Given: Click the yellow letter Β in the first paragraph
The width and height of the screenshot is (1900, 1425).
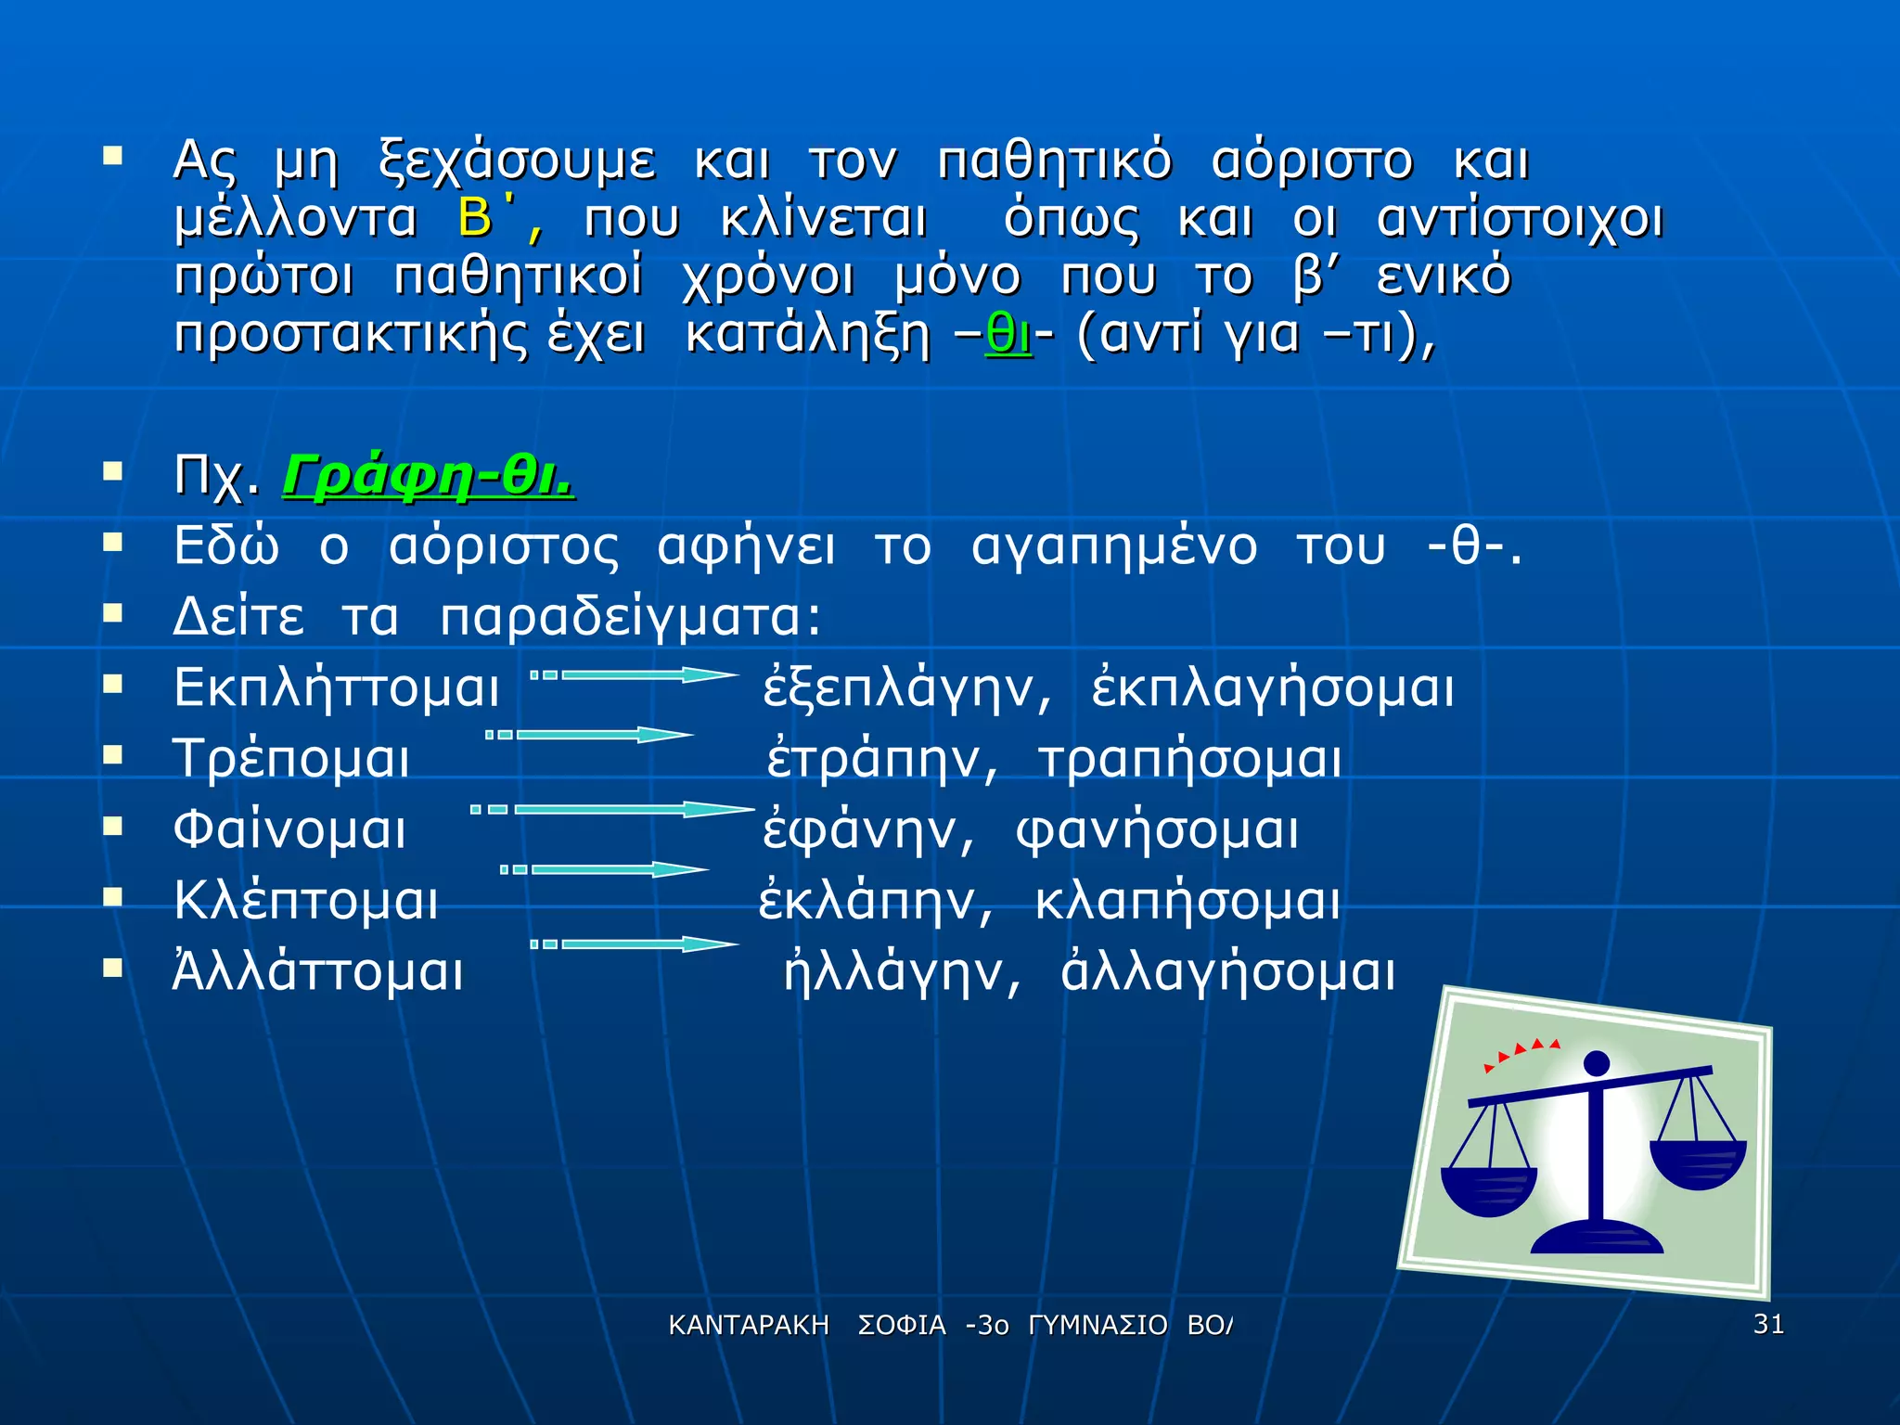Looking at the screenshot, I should [x=475, y=219].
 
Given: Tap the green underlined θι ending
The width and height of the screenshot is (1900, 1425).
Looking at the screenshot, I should [x=1008, y=334].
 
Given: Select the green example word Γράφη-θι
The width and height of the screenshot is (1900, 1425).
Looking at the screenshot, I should [x=429, y=476].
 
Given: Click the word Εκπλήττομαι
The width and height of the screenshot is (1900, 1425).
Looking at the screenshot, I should [x=337, y=687].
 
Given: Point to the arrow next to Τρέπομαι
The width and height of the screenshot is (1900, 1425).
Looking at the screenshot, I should [x=591, y=735].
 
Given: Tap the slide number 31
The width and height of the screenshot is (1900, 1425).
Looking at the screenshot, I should [x=1768, y=1324].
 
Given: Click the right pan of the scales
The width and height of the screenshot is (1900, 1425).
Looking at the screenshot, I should [x=1698, y=1164].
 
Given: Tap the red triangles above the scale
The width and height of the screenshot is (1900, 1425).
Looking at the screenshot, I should [x=1521, y=1052].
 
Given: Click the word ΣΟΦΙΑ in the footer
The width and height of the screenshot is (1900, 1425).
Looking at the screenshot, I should [x=902, y=1326].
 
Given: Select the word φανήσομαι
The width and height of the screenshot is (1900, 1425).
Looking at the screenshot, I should [x=1158, y=829].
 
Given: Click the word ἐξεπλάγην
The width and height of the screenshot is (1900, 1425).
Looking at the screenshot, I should [x=907, y=687].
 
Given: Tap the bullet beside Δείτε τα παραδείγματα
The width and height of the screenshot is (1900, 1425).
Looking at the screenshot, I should [x=113, y=613].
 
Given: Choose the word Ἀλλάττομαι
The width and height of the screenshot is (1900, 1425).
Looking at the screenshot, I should [x=318, y=972].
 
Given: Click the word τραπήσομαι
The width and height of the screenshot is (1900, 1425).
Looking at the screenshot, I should [x=1190, y=759].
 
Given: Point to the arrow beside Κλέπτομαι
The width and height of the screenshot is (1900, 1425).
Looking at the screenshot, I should [x=605, y=869].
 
